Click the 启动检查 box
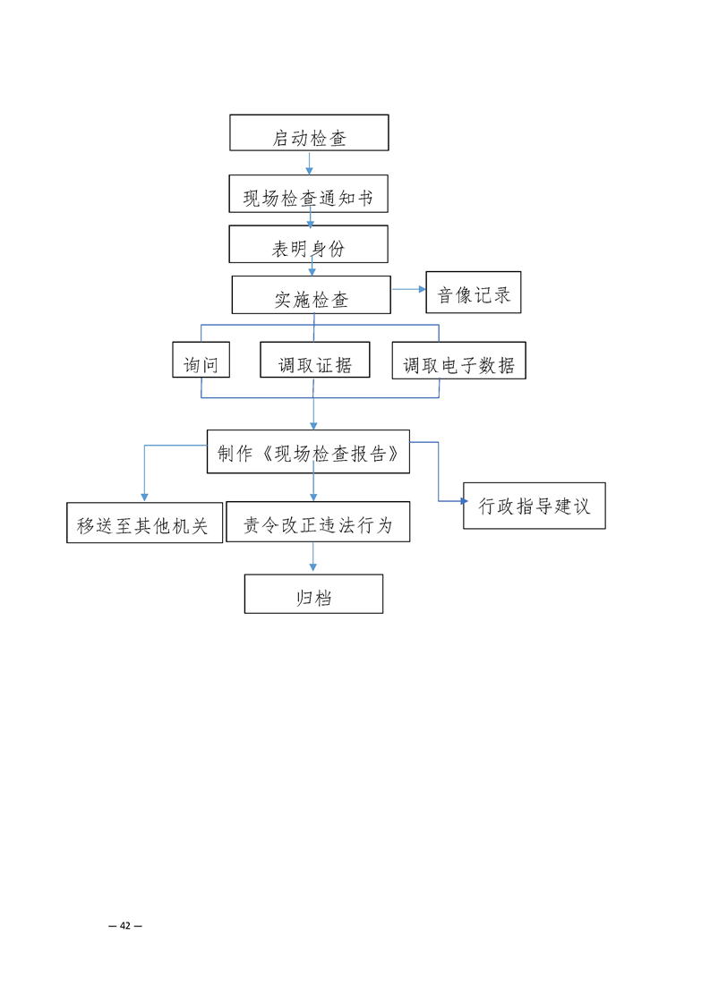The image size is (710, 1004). [x=309, y=132]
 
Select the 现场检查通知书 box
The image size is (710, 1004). [x=308, y=193]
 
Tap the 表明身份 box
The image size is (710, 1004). [x=308, y=243]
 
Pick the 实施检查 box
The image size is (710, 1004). [x=311, y=294]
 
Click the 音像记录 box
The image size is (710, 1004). [x=473, y=292]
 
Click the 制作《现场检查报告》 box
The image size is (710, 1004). [x=308, y=451]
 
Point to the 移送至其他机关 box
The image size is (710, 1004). [x=144, y=523]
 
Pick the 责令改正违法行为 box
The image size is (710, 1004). [x=318, y=522]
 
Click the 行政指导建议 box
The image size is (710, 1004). [x=535, y=506]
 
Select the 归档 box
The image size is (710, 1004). [x=313, y=594]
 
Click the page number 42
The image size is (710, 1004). [x=125, y=925]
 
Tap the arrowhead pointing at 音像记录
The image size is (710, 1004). [x=422, y=289]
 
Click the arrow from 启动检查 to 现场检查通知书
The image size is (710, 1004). [x=309, y=163]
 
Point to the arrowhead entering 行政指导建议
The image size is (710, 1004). [x=464, y=500]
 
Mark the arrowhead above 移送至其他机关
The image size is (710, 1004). [x=144, y=497]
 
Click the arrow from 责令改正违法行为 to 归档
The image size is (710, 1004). [x=313, y=557]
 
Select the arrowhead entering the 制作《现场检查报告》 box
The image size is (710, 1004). [x=313, y=425]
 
